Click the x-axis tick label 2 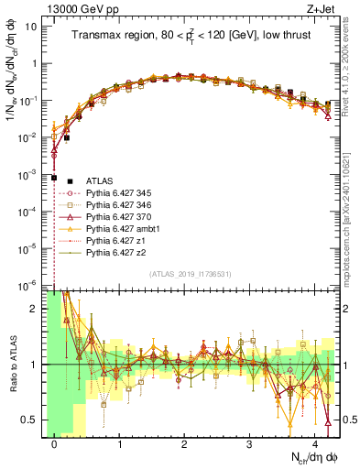tap(184, 441)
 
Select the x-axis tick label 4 tap(314, 441)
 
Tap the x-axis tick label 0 tap(54, 441)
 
